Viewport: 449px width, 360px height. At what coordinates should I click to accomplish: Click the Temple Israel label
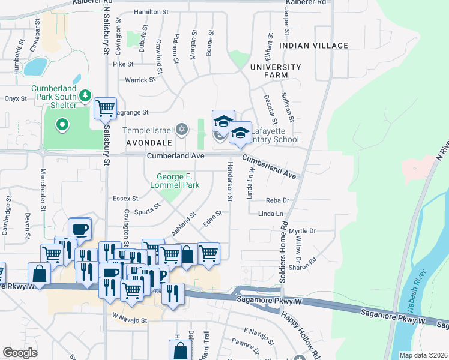click(x=147, y=130)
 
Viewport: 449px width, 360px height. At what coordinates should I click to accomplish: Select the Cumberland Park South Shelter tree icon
click(x=85, y=96)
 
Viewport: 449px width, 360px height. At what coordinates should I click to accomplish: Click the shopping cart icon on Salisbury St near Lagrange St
click(x=106, y=109)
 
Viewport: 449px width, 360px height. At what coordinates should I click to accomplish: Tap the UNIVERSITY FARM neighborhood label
click(x=276, y=71)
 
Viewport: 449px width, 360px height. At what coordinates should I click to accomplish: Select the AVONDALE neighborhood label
click(x=149, y=143)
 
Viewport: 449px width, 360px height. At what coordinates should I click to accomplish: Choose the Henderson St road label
click(x=229, y=181)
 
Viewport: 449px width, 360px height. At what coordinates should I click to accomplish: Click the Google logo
click(x=20, y=352)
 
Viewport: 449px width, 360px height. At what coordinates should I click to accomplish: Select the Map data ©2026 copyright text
click(x=423, y=355)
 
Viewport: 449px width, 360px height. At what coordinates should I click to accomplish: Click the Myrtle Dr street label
click(x=302, y=231)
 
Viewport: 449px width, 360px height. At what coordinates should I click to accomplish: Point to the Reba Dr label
click(x=277, y=200)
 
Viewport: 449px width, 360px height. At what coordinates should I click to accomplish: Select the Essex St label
click(x=125, y=198)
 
